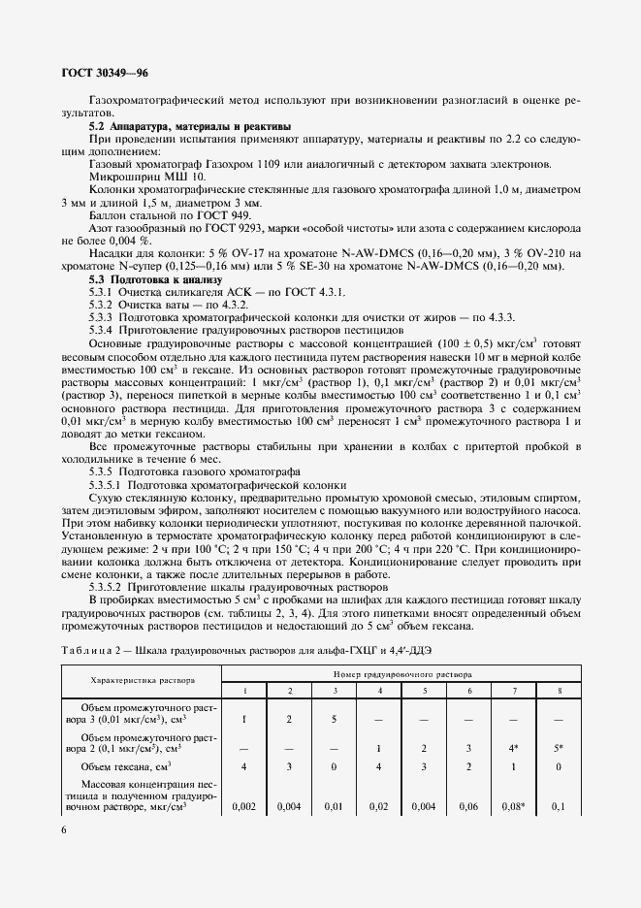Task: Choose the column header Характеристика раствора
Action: [x=143, y=680]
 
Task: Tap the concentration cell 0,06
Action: [x=469, y=805]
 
